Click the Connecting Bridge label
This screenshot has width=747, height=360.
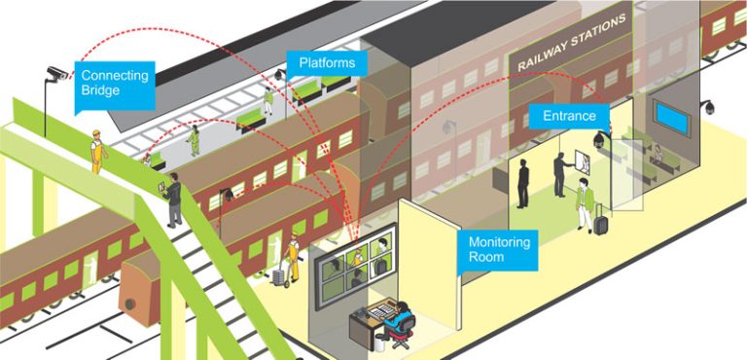pos(114,83)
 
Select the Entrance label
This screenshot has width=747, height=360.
pos(569,116)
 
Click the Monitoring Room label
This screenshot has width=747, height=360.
pos(499,249)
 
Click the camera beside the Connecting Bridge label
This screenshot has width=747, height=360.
pos(56,73)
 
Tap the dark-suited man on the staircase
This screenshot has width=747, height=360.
pos(173,199)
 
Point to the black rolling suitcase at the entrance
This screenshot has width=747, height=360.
pos(601,224)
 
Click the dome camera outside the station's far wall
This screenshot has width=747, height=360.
pos(710,105)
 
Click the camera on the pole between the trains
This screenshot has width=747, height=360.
pos(229,195)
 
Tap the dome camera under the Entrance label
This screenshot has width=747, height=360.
pos(596,142)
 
